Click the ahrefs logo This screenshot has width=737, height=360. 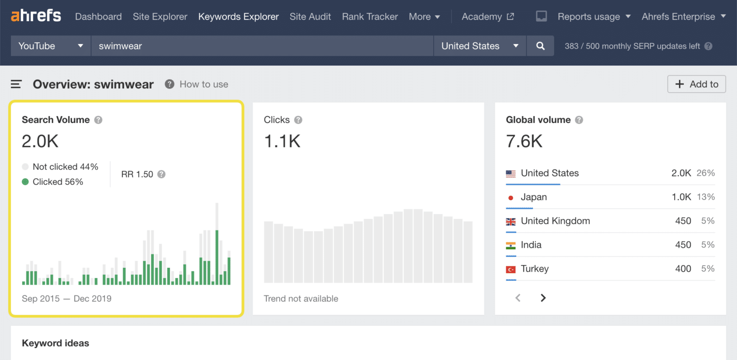(x=36, y=16)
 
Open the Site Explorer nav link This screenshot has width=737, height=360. (x=160, y=16)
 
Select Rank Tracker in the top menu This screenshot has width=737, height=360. (x=369, y=16)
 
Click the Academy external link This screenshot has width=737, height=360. (x=487, y=16)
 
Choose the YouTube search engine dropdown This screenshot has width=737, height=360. (x=50, y=46)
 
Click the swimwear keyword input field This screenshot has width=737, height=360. (x=262, y=46)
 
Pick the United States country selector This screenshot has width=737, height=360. (x=480, y=46)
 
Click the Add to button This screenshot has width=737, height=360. (x=696, y=84)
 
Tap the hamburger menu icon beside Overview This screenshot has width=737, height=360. (x=16, y=84)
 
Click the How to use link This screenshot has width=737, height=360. (x=203, y=84)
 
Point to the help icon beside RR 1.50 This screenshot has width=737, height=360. (x=162, y=174)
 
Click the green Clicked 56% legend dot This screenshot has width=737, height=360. (x=25, y=182)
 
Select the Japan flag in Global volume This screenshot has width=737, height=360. (x=511, y=197)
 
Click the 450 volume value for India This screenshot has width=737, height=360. (x=683, y=245)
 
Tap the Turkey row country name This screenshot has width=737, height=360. (x=535, y=269)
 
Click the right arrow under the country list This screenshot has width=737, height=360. (x=543, y=298)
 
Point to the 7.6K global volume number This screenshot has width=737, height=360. (x=524, y=141)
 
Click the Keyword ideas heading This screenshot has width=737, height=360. (x=56, y=343)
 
